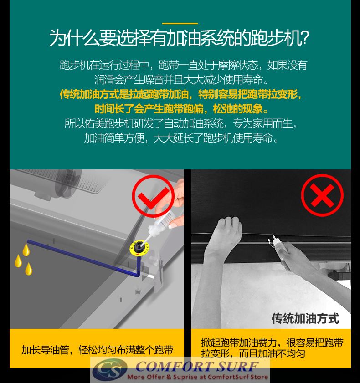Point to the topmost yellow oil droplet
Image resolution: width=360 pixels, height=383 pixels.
click(x=26, y=250)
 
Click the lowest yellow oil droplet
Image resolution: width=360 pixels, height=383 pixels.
click(x=29, y=269)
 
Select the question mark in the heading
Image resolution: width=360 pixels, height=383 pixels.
click(x=305, y=38)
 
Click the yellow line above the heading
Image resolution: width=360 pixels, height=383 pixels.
click(x=180, y=23)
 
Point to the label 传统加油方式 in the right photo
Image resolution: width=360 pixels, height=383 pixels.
click(x=305, y=318)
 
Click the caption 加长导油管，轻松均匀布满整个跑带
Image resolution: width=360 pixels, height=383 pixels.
click(x=97, y=350)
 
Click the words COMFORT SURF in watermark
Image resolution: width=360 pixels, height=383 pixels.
click(x=197, y=367)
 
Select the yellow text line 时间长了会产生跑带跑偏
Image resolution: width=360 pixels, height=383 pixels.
click(x=149, y=109)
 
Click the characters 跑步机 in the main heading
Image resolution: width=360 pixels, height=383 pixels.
click(x=275, y=38)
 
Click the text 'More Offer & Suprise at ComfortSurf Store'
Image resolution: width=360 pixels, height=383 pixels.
click(x=197, y=377)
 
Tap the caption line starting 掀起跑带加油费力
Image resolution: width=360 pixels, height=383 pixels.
click(x=272, y=343)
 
